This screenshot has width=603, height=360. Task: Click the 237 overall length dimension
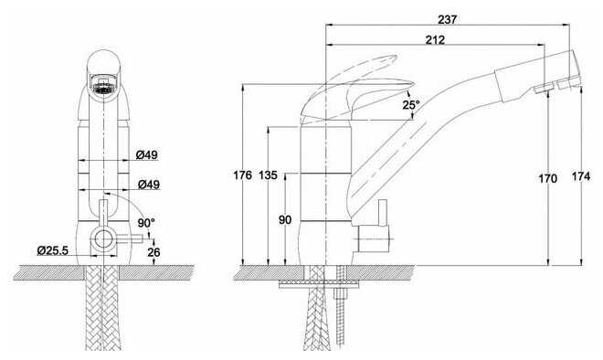[447, 19]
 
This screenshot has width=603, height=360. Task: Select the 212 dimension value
[435, 39]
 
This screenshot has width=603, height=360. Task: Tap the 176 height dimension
[243, 175]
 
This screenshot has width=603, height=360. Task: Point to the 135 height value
[268, 175]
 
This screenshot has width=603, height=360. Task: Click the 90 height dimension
[285, 220]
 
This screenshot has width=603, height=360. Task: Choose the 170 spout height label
[547, 178]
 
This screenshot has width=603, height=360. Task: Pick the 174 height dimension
[581, 176]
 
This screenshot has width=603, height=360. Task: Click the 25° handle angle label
[411, 104]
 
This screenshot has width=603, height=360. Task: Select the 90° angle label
[146, 222]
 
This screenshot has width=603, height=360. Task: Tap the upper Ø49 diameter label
[147, 154]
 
